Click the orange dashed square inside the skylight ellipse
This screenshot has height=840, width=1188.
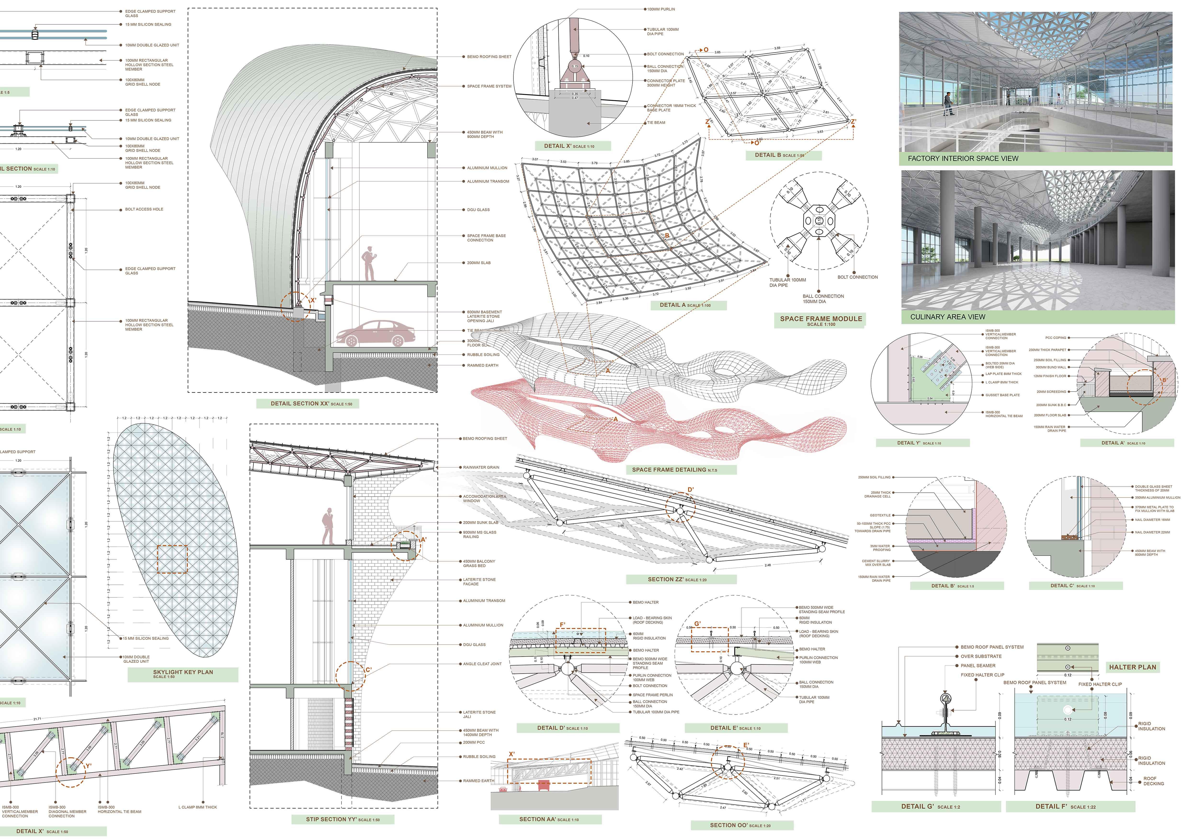pyautogui.click(x=172, y=559)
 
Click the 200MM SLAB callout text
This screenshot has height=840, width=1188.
pyautogui.click(x=479, y=263)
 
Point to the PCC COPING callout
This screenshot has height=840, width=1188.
pyautogui.click(x=1056, y=338)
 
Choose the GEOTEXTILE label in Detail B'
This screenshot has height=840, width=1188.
pyautogui.click(x=880, y=515)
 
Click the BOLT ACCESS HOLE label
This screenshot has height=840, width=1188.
pyautogui.click(x=144, y=210)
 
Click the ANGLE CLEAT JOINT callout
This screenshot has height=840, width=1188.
pyautogui.click(x=482, y=664)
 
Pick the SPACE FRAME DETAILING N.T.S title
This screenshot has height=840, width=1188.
pyautogui.click(x=674, y=470)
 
